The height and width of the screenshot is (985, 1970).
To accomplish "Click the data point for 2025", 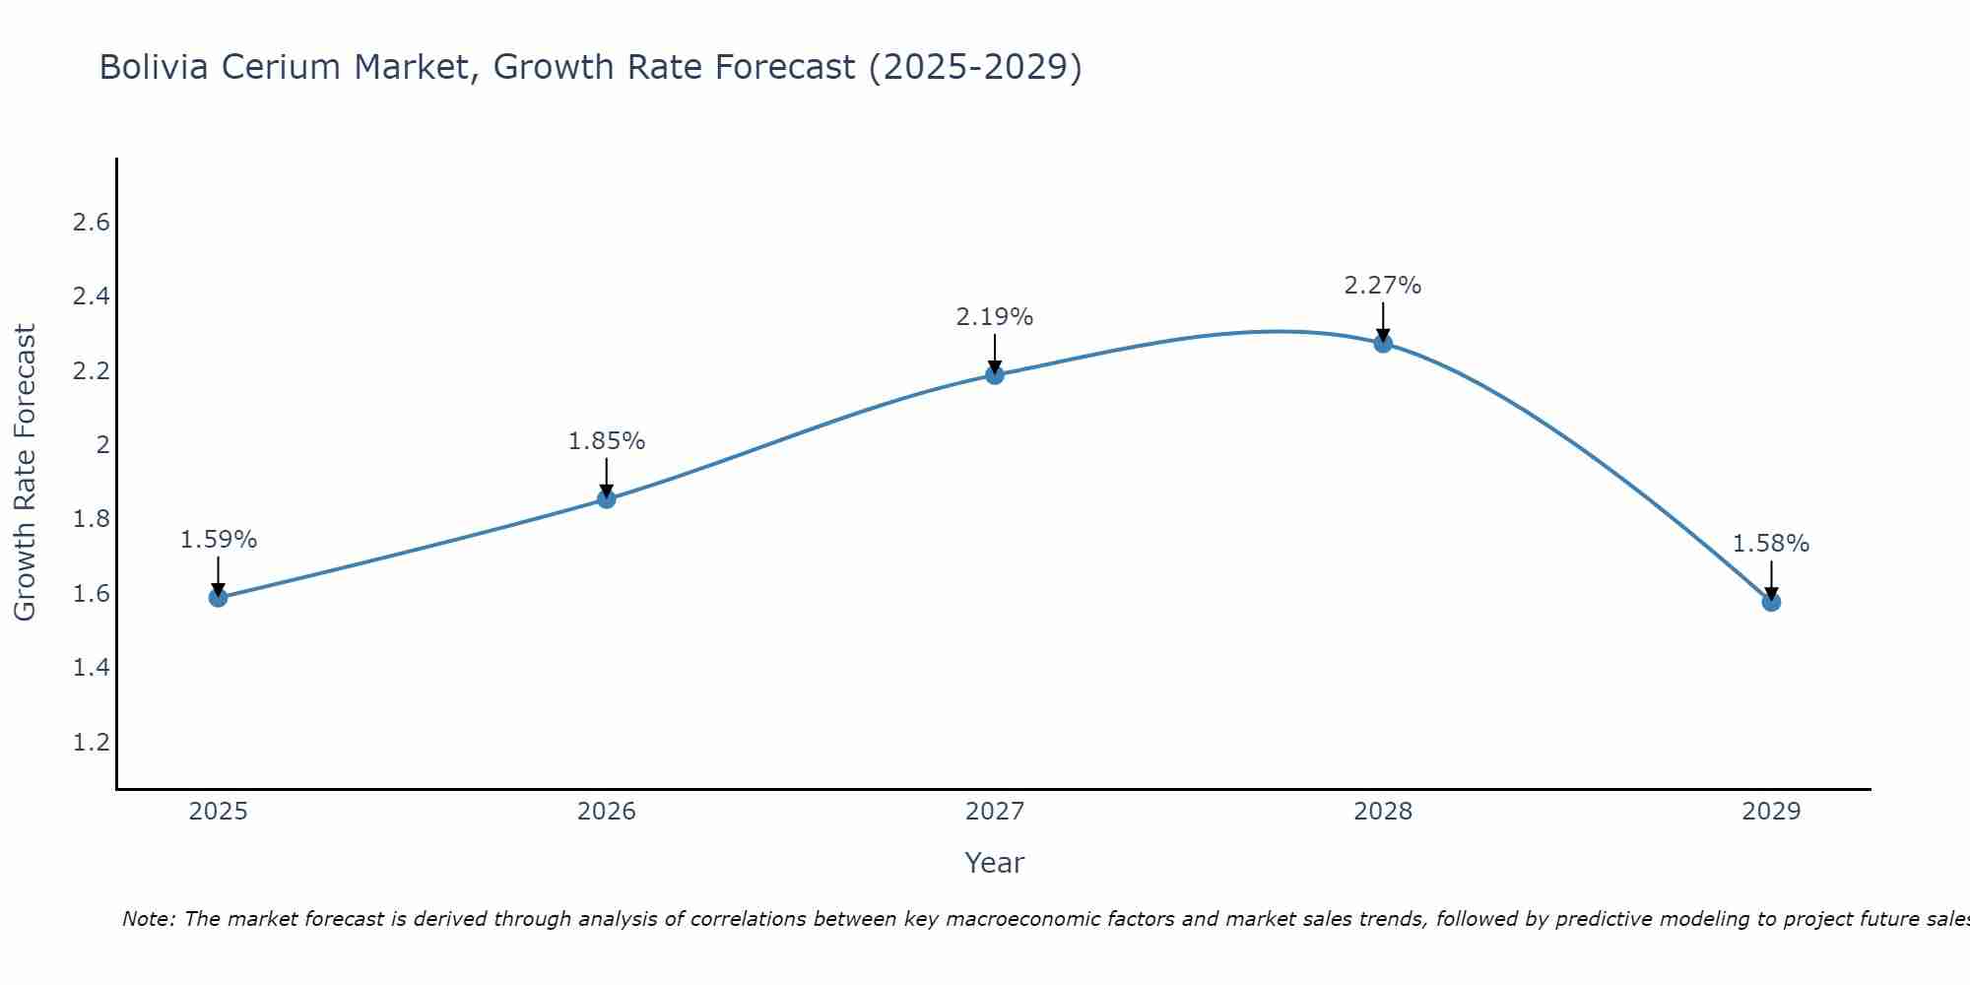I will (219, 598).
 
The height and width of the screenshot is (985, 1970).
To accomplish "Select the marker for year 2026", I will (607, 499).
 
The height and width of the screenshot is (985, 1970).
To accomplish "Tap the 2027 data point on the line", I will (995, 375).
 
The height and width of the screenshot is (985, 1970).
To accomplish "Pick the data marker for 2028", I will (1383, 344).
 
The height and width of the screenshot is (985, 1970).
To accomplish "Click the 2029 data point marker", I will (1771, 602).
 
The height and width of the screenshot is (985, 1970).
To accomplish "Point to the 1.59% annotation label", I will (219, 540).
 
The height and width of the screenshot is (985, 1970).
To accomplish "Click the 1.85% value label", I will (607, 441).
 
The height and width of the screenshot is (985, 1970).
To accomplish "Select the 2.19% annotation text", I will (995, 317).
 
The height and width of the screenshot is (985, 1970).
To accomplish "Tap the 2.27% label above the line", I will (1383, 286).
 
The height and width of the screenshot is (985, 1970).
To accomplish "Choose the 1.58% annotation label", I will (1771, 544).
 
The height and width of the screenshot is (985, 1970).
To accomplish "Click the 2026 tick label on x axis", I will (607, 812).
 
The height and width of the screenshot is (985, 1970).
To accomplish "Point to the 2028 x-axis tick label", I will (1383, 812).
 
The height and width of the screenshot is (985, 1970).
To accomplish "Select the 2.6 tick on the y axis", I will (92, 223).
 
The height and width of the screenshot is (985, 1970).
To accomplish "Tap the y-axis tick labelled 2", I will (102, 445).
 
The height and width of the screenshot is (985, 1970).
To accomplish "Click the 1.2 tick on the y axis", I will (92, 742).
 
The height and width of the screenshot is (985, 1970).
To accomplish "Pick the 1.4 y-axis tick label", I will (92, 668).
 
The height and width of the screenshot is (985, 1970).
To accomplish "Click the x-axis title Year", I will (995, 863).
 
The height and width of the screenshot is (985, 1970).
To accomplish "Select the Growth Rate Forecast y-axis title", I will (26, 473).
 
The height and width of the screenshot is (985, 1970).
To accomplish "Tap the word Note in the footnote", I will (148, 919).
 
